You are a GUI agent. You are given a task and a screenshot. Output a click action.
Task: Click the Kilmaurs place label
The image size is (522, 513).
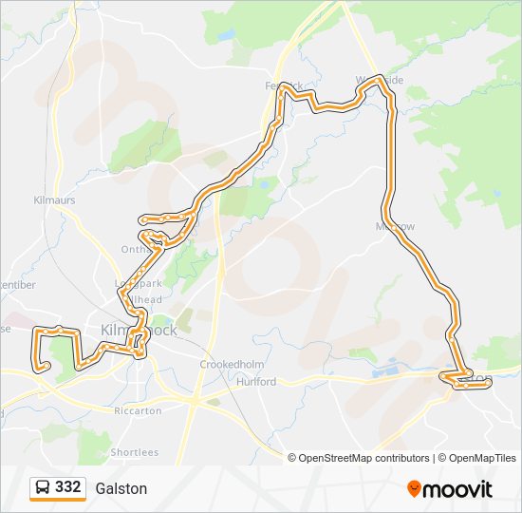point(54,200)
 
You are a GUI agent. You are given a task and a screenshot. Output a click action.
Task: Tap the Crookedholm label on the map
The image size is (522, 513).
point(224,365)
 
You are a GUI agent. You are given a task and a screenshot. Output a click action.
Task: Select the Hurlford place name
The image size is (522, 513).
point(257,381)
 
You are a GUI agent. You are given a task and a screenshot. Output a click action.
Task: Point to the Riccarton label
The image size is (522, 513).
point(139,410)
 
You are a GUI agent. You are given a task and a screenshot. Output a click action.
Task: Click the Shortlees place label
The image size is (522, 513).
point(135,452)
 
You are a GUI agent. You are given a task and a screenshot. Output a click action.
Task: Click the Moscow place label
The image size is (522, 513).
point(396,227)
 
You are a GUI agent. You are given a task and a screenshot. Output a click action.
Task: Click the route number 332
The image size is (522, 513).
point(67,487)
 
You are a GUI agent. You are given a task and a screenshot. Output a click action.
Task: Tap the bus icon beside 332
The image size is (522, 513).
point(43,487)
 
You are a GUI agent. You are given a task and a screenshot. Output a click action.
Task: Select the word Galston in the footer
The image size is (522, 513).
point(121,488)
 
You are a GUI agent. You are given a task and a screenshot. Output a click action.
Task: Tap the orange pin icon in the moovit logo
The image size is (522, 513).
point(414,489)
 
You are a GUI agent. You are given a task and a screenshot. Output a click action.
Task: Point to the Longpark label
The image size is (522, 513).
point(131,283)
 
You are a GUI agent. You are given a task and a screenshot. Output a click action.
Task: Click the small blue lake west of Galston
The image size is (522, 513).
point(390,370)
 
